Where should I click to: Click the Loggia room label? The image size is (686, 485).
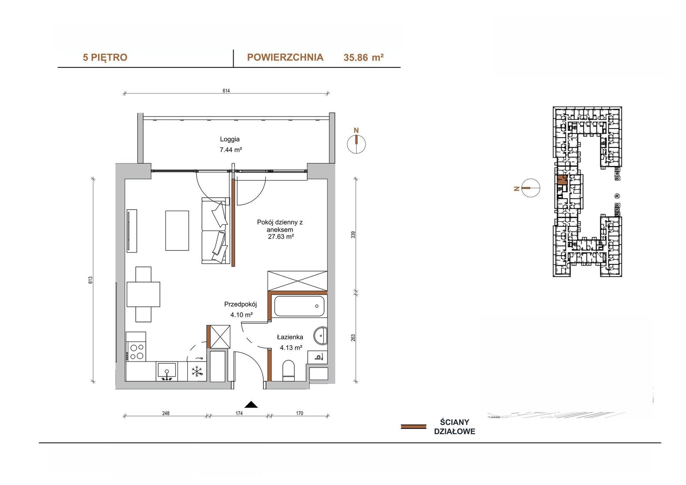click(x=230, y=139)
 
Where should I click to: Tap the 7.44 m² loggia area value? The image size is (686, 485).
click(x=231, y=150)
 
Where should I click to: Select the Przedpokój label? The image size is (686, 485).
click(x=241, y=304)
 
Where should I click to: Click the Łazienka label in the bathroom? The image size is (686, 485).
click(x=290, y=337)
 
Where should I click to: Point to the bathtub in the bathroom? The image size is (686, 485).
click(x=299, y=306)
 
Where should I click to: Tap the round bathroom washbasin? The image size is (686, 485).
click(x=320, y=336)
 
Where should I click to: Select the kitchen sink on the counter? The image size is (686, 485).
click(x=167, y=372)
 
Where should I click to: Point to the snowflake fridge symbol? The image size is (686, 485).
click(x=197, y=371)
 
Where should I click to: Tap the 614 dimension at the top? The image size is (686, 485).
click(x=226, y=90)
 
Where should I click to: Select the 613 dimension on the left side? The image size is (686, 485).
click(x=90, y=280)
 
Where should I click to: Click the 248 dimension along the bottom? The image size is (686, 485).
click(x=165, y=413)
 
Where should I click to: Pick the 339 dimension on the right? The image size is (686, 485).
click(x=353, y=235)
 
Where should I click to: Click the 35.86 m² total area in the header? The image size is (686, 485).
click(x=364, y=57)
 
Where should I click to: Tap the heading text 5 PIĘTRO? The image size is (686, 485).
click(x=105, y=57)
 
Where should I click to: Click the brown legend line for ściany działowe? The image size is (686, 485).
click(x=413, y=427)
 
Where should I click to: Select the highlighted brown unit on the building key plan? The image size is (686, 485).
click(x=562, y=180)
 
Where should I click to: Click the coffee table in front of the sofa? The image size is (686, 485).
click(x=177, y=230)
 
